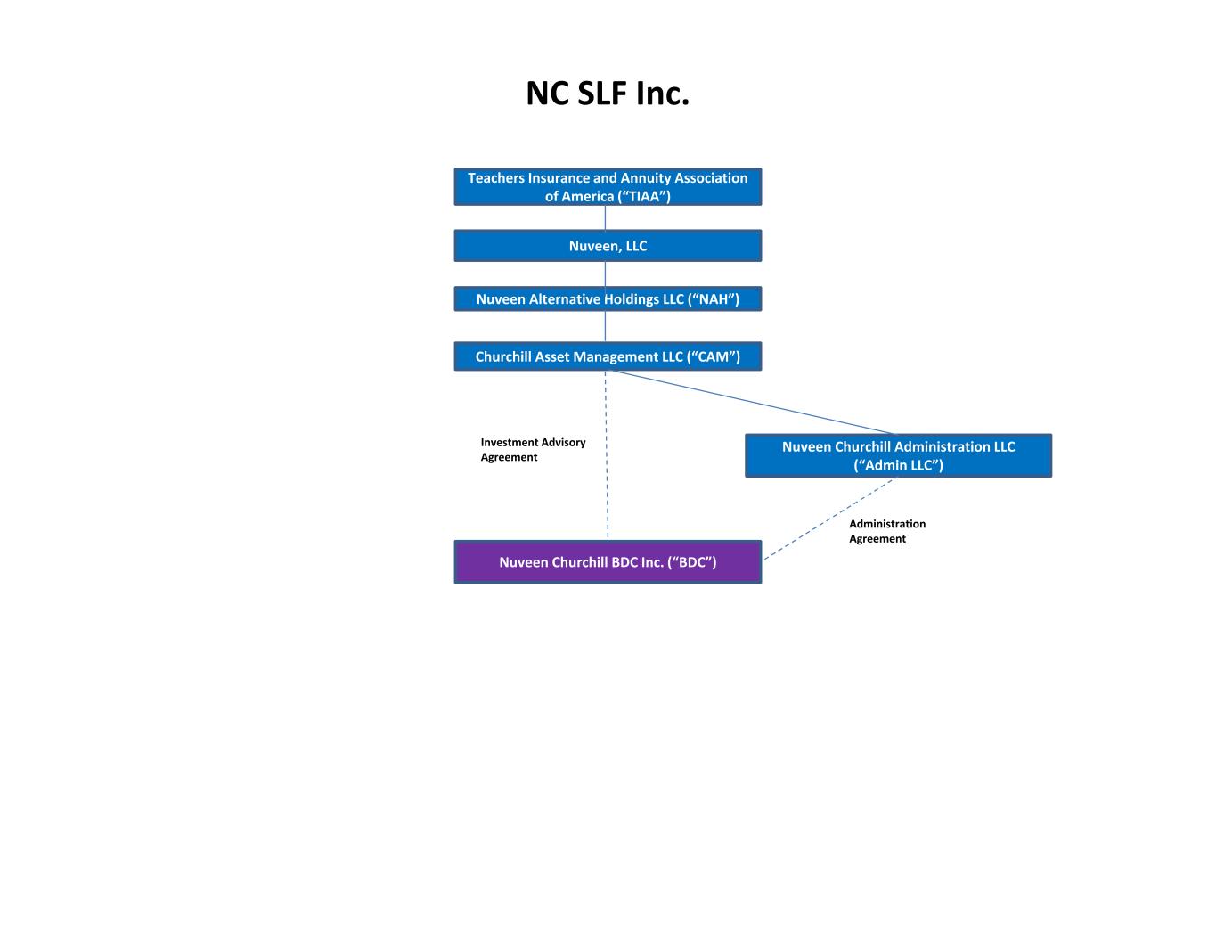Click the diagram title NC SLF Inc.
608,93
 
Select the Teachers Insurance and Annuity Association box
608,186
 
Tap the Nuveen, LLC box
608,246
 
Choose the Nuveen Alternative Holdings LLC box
608,298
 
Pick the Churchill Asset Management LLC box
608,356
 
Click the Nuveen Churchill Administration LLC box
898,455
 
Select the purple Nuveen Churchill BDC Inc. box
608,561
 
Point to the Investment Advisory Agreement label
533,449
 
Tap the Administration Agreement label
887,531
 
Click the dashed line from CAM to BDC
607,455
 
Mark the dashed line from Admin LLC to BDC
830,519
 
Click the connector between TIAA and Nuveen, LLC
605,217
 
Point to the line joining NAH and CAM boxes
605,326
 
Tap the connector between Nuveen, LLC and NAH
605,274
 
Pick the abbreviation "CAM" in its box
715,356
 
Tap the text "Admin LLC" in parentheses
898,465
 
